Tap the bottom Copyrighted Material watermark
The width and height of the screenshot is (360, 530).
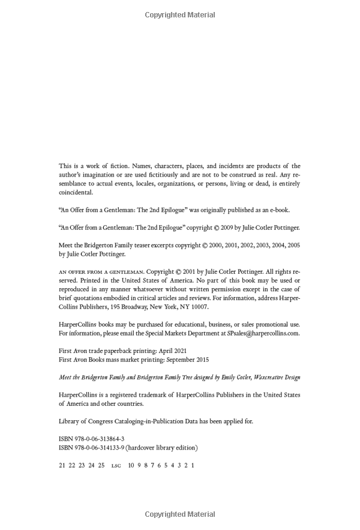click(x=179, y=514)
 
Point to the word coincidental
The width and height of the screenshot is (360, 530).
click(x=76, y=193)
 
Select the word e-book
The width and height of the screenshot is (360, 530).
click(x=278, y=210)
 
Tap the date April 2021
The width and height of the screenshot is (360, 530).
click(x=172, y=351)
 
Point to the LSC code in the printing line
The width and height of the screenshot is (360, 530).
click(x=116, y=465)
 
